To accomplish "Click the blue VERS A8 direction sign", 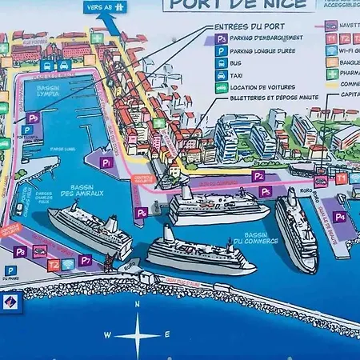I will [x=106, y=7].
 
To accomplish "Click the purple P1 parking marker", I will [x=106, y=162].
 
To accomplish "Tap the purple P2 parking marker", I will [x=258, y=175].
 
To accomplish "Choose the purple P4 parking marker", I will [x=340, y=217].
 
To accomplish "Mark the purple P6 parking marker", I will [x=141, y=213].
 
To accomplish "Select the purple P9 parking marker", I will [x=33, y=118].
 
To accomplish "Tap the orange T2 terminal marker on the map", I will [x=54, y=264].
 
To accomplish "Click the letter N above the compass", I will [x=138, y=304].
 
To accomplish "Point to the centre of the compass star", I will [x=138, y=334].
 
